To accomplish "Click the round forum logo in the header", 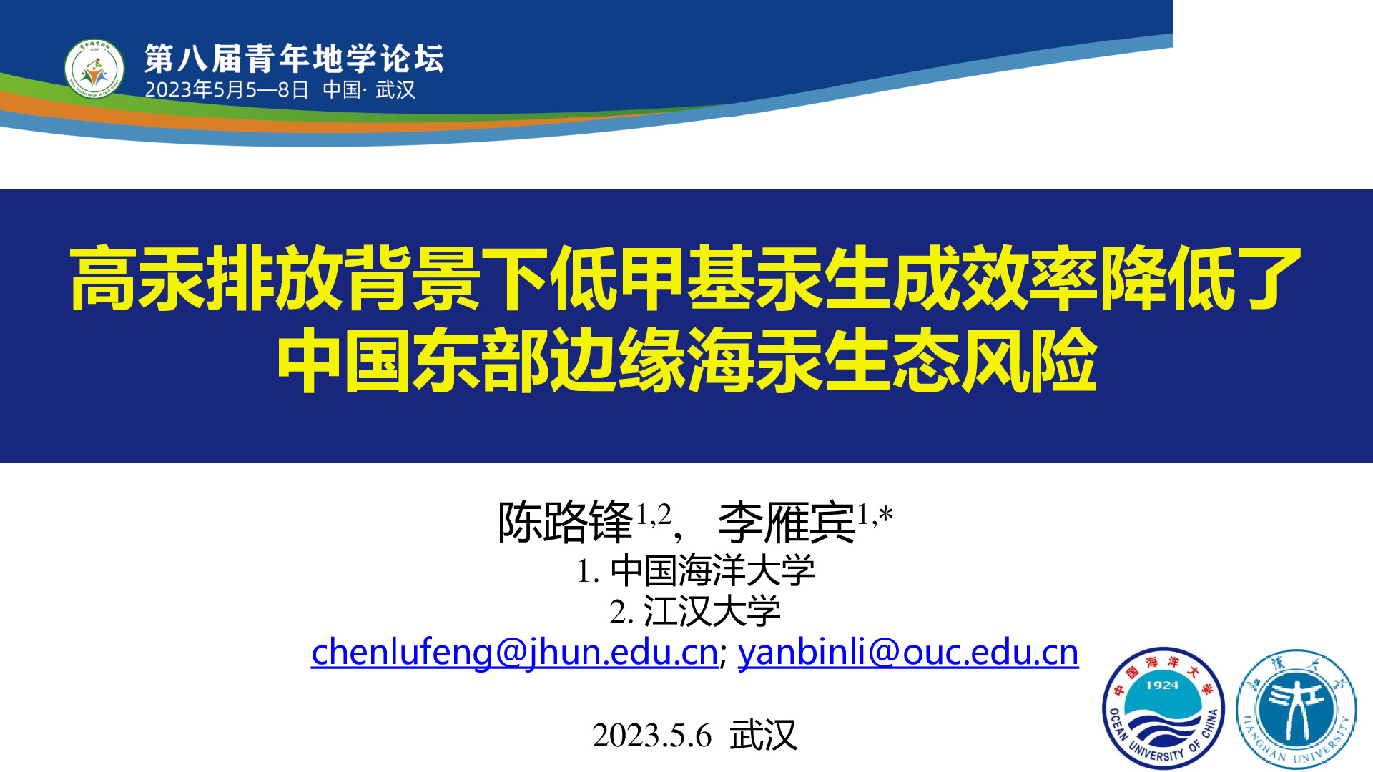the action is point(94,69).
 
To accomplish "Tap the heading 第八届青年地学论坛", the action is point(294,59).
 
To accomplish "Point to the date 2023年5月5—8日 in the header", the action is point(227,90).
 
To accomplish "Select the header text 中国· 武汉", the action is point(369,90).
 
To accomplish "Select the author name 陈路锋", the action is point(566,523).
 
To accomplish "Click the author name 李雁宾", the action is point(787,523).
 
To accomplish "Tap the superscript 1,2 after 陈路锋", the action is point(654,514).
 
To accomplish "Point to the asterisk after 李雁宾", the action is point(886,513).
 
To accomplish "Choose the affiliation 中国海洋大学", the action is point(712,570).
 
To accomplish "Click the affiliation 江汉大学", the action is point(712,612).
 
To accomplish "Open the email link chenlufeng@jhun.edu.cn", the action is point(515,652).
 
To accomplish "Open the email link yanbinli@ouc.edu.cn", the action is point(908,652).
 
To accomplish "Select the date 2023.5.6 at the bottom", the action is point(652,736).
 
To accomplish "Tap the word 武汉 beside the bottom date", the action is point(763,736).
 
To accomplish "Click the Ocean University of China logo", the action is point(1163,708).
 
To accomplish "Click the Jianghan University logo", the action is point(1296,708).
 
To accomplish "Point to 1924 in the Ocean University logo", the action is point(1162,685).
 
